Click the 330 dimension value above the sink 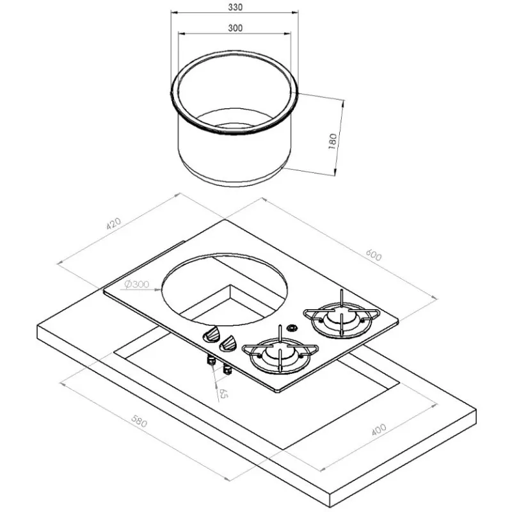[x=235, y=7]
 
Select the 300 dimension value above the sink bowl [x=235, y=28]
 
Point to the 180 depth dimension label [x=332, y=141]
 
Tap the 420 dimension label [x=114, y=223]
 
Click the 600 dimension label [x=374, y=255]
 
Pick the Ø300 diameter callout [x=137, y=284]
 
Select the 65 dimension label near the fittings [x=223, y=394]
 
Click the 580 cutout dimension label [x=139, y=421]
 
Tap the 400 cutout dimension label [x=379, y=429]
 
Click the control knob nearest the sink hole [x=212, y=335]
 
